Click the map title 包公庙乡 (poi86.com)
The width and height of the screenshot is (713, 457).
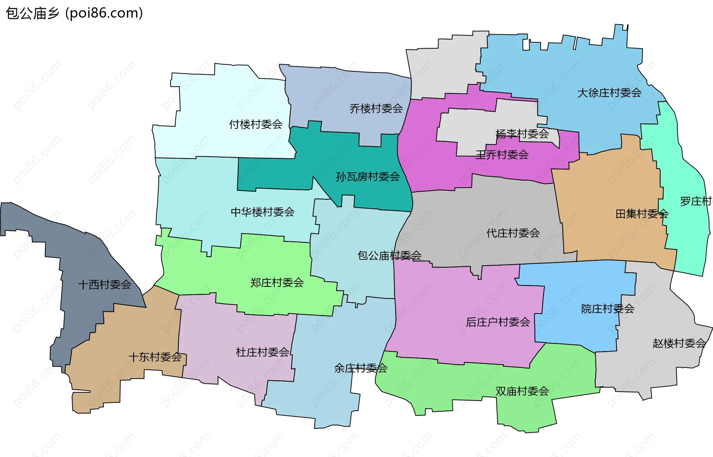click(x=74, y=13)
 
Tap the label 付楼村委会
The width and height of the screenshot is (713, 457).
click(x=255, y=124)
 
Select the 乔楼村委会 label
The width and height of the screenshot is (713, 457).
click(x=376, y=108)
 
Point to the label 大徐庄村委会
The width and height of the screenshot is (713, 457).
click(x=609, y=93)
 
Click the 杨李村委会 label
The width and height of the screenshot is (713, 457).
click(x=522, y=134)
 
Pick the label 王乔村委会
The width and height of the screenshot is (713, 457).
click(x=502, y=155)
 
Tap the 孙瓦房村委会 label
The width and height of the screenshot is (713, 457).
click(x=368, y=177)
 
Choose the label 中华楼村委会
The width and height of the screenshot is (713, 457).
click(x=262, y=212)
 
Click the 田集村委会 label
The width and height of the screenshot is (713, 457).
click(x=642, y=214)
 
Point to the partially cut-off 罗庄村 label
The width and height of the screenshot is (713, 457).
click(x=696, y=201)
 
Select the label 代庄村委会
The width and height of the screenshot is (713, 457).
click(x=513, y=233)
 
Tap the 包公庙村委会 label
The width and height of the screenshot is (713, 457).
click(x=389, y=256)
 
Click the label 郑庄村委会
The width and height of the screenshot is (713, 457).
click(x=277, y=283)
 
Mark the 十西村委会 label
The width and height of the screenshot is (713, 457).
click(x=104, y=285)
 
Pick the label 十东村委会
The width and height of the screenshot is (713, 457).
click(x=155, y=357)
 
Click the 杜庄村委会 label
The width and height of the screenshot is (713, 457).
click(x=262, y=352)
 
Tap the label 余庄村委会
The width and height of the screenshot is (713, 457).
click(x=361, y=368)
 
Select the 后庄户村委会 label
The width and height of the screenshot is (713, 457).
click(x=498, y=322)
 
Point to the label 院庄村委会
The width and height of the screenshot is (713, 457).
click(x=608, y=309)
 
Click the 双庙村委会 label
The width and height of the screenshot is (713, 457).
click(x=522, y=391)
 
